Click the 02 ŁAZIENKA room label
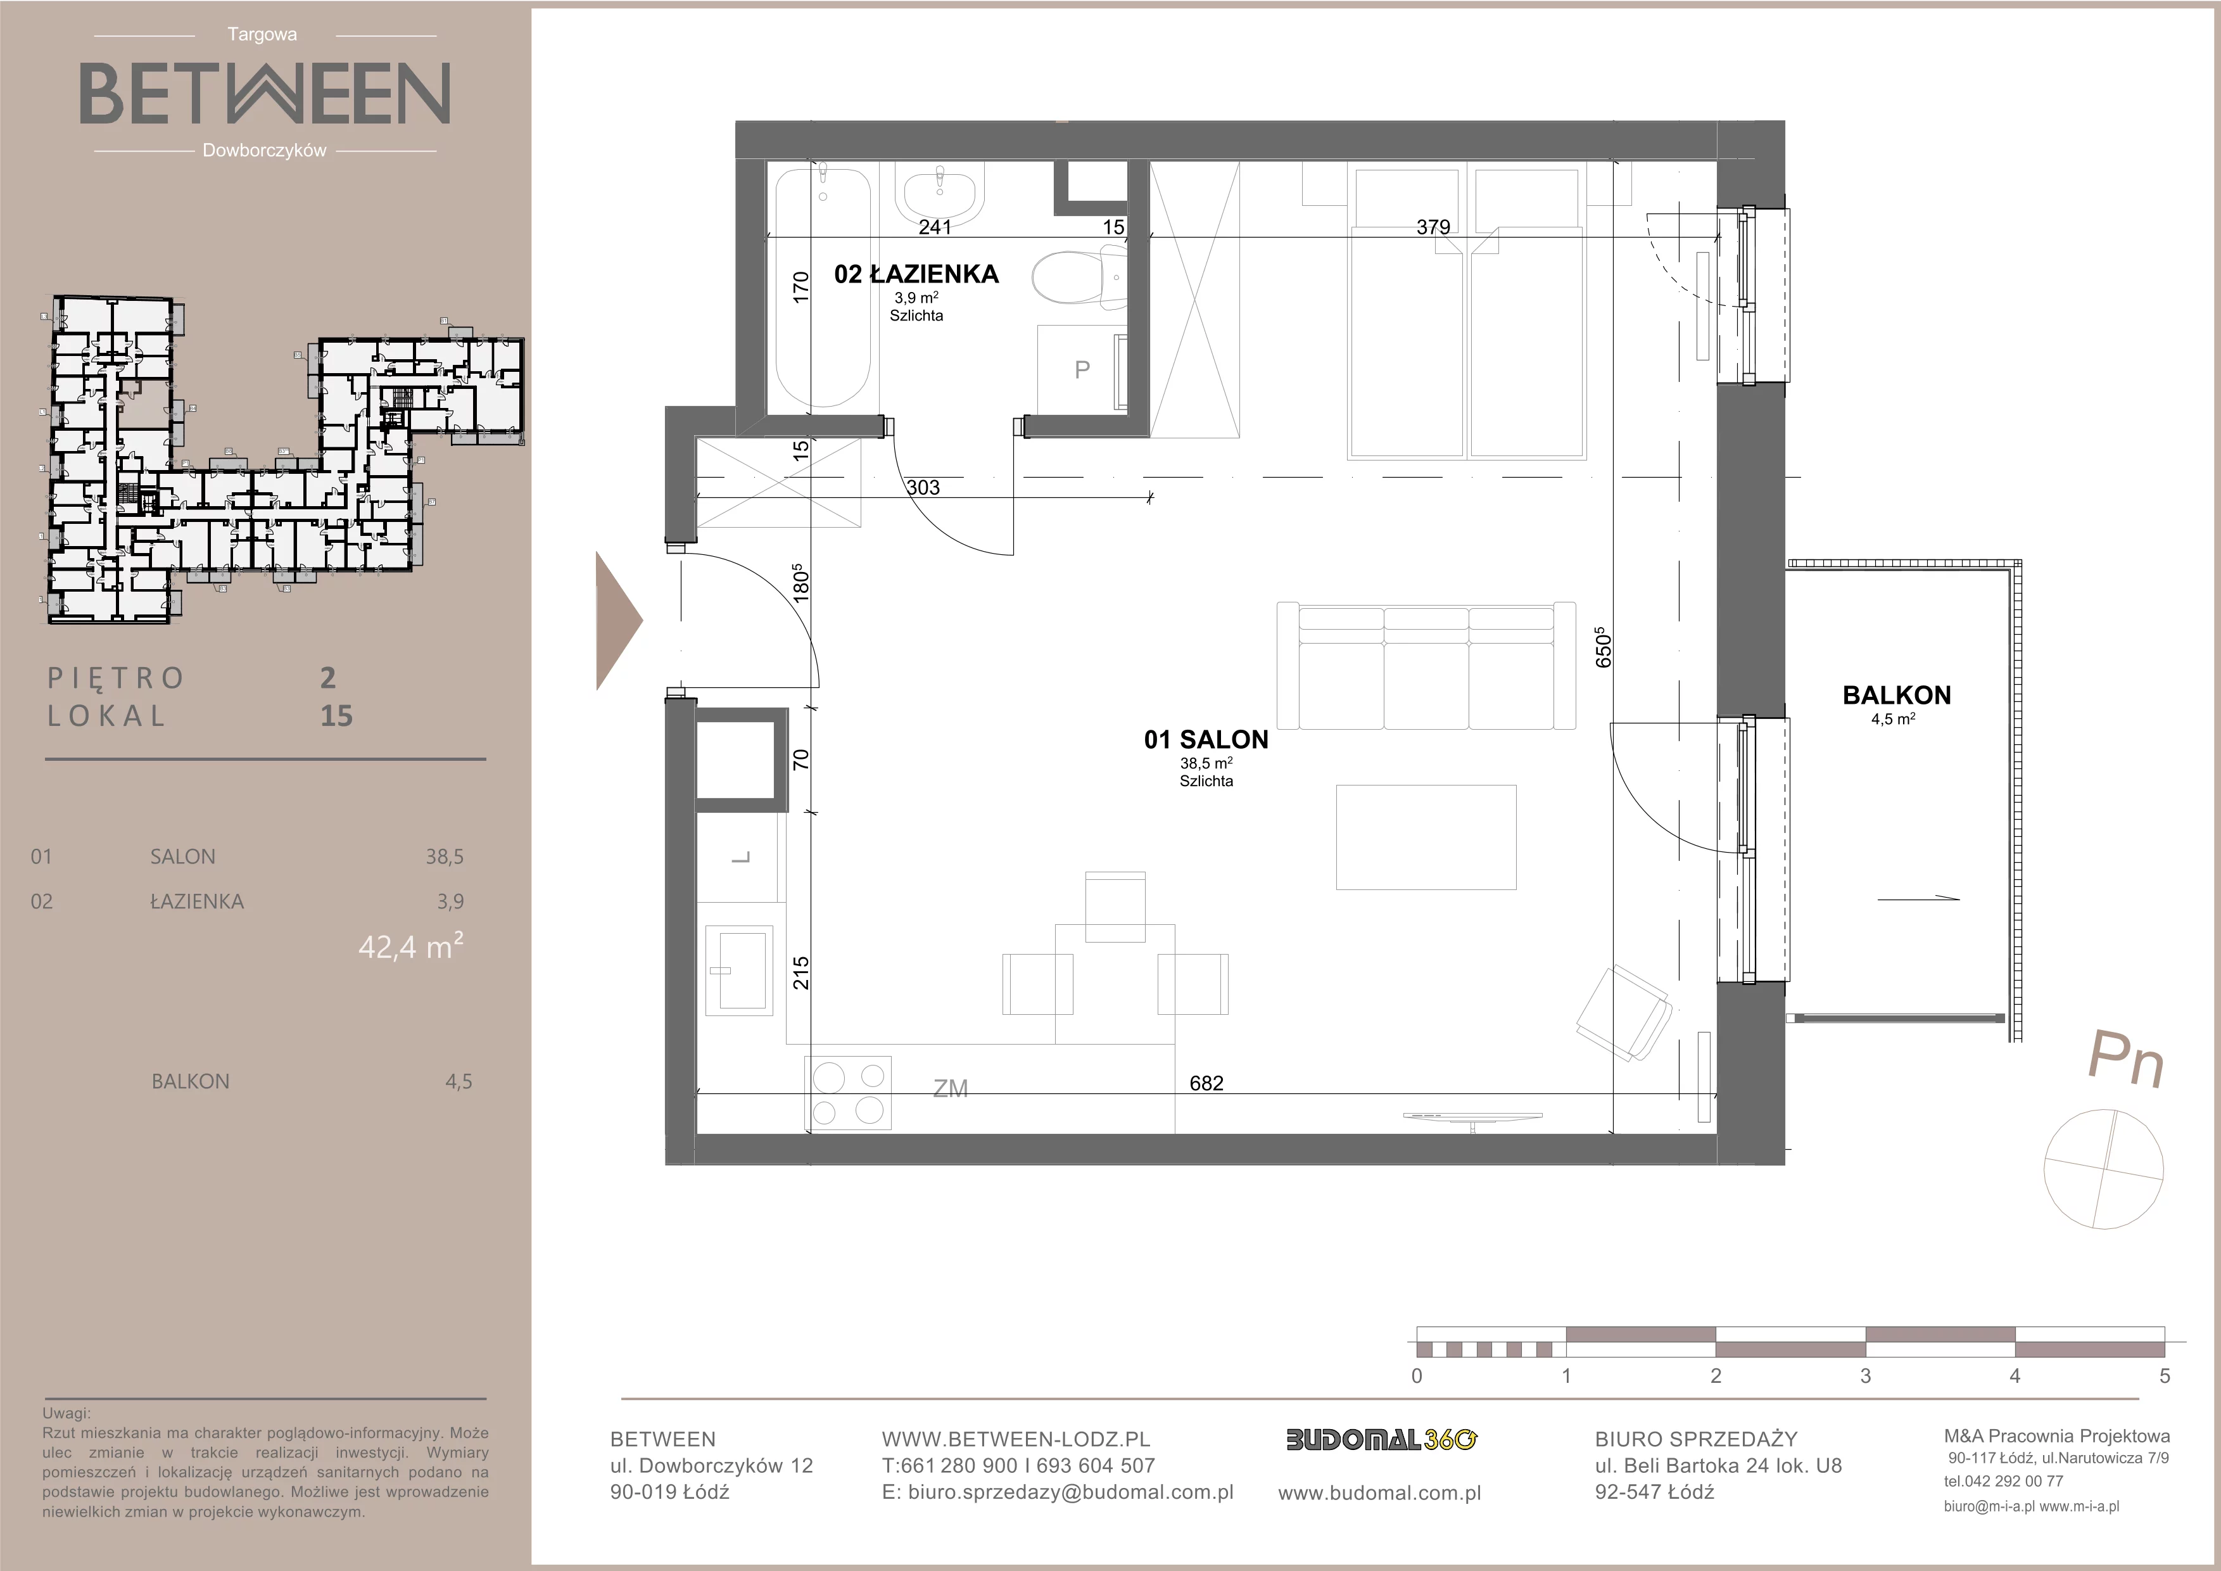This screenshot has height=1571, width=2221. coord(916,275)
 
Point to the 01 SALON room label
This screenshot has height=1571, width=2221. coord(1205,740)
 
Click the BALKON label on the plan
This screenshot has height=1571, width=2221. coord(1896,696)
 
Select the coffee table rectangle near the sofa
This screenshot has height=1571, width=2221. coord(1426,837)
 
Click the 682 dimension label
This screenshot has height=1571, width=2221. coord(1206,1083)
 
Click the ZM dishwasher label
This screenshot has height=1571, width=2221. coord(950,1090)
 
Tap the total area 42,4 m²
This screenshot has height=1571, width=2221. coord(410,945)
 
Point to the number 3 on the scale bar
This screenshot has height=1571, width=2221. coord(1865,1377)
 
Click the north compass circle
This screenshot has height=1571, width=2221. coord(2104,1169)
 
